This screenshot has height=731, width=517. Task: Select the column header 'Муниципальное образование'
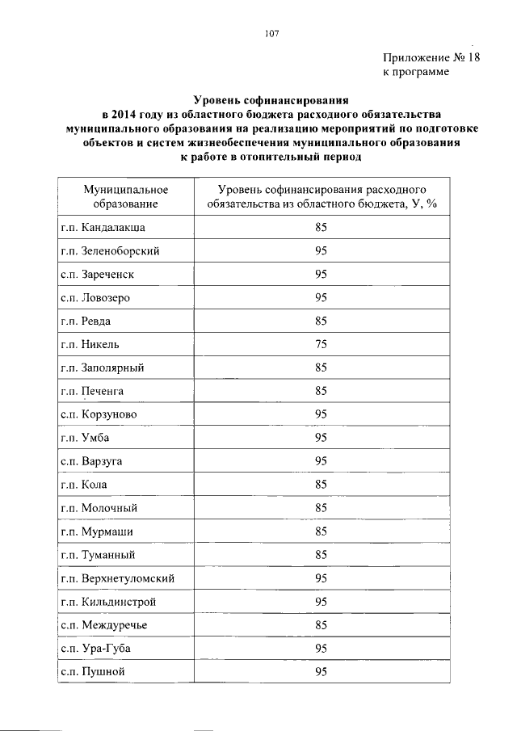click(125, 196)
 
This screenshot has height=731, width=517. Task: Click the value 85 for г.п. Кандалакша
click(321, 227)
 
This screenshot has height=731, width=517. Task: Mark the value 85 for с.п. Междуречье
click(321, 625)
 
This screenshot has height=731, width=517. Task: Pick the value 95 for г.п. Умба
click(321, 438)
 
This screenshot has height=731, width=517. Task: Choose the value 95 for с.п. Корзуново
click(321, 414)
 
